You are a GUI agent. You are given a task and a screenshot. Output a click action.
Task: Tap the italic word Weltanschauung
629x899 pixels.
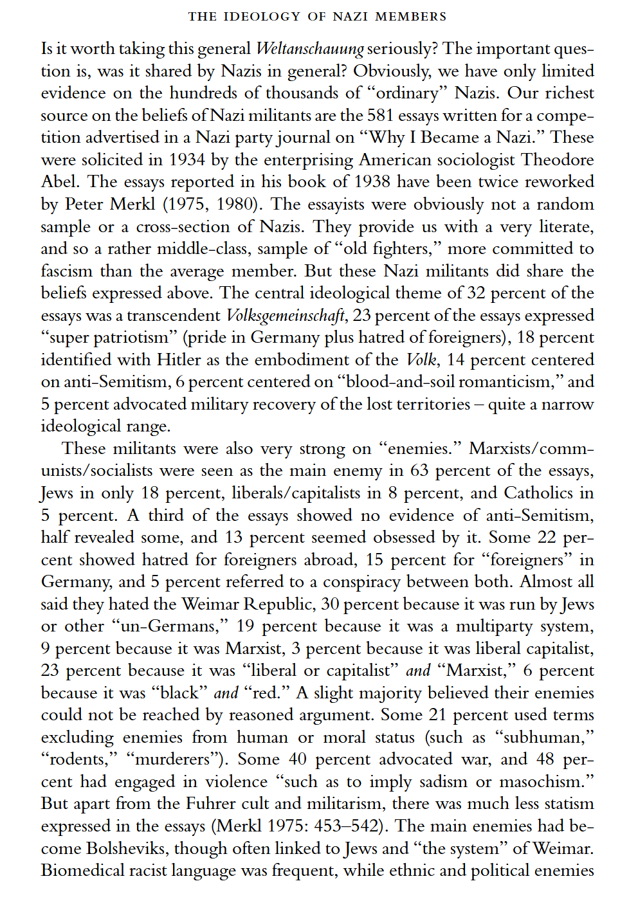[x=310, y=49]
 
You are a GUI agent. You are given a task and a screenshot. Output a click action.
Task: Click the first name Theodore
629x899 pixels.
[x=558, y=160]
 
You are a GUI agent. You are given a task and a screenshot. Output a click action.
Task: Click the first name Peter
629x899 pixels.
[x=85, y=204]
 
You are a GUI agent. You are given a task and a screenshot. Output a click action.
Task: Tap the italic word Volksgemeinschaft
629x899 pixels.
[x=287, y=316]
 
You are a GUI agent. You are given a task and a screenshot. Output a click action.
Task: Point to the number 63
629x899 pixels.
[x=419, y=471]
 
